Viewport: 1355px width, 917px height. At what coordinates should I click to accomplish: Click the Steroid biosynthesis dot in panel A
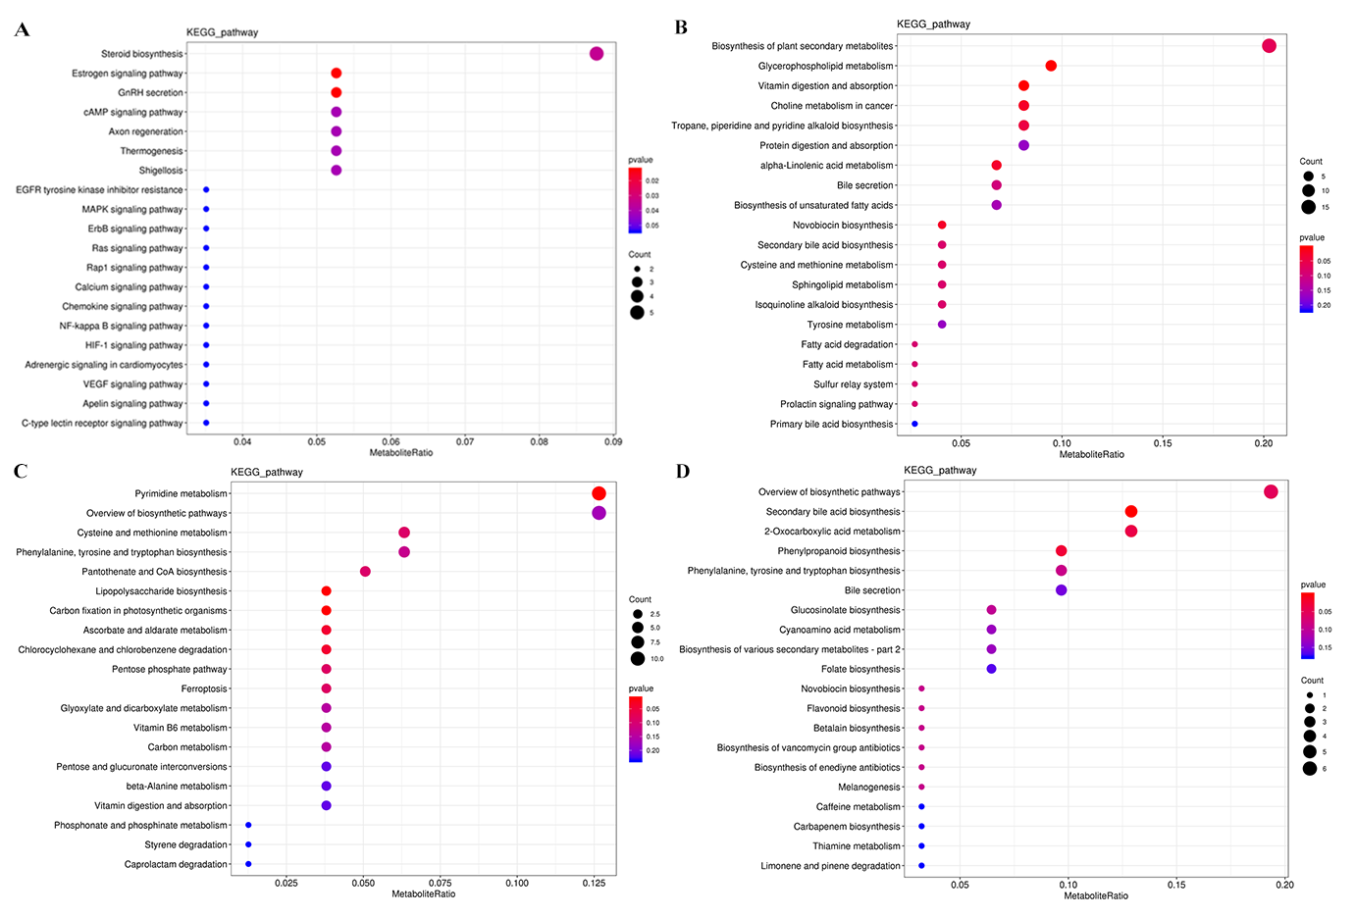[597, 54]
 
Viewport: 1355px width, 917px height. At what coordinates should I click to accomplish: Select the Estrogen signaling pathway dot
[337, 74]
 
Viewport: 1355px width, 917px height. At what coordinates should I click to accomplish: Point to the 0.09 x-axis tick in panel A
[613, 442]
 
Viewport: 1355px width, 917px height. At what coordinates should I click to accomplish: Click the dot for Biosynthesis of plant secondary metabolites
[1269, 46]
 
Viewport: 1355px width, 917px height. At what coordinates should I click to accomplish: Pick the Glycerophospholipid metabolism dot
[1051, 66]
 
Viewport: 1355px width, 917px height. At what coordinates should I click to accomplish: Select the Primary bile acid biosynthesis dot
[914, 424]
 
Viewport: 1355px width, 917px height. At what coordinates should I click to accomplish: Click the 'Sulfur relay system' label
[853, 384]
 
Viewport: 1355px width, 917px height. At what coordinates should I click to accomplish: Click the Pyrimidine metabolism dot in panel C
[599, 493]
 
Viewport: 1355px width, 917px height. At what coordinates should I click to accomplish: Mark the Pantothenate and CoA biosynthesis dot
[365, 572]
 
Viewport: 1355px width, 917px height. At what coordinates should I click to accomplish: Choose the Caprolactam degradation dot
[248, 864]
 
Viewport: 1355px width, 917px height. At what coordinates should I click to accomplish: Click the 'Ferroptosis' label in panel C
[204, 688]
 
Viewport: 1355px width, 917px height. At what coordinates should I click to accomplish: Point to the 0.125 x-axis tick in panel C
[593, 884]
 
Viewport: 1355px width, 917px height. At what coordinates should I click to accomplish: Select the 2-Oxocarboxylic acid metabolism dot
[1131, 532]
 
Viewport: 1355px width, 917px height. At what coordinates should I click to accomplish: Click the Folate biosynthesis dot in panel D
[991, 669]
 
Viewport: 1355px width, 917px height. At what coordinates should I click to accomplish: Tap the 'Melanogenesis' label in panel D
[868, 788]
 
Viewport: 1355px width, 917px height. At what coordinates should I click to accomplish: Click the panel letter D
[683, 472]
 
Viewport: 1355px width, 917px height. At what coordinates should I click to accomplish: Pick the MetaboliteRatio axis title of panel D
[1095, 896]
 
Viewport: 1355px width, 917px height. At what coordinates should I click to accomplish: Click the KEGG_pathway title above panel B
[933, 25]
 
